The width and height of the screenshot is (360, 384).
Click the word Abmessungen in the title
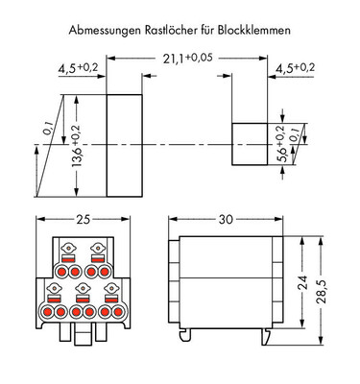(105, 31)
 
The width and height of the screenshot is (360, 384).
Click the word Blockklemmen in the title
(254, 30)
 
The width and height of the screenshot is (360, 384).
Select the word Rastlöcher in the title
(171, 30)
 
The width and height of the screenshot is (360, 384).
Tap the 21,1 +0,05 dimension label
(187, 59)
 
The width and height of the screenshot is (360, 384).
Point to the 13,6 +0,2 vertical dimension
(76, 146)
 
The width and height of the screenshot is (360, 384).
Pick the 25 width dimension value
(83, 219)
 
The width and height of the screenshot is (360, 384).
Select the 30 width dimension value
(226, 219)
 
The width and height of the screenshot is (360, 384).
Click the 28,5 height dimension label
(322, 292)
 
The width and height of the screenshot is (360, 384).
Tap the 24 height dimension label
(302, 282)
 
